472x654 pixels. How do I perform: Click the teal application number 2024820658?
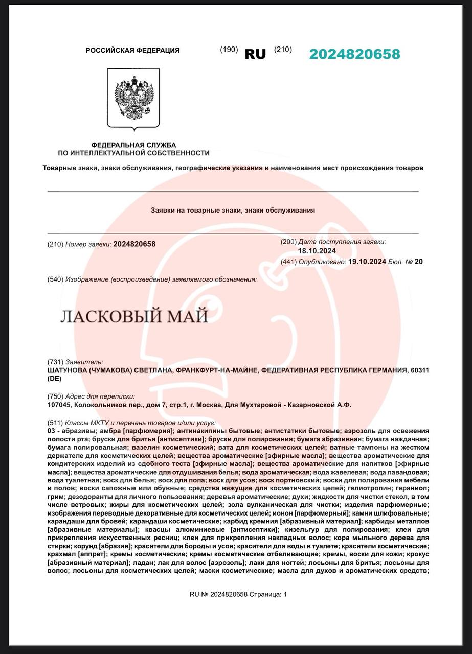coord(354,54)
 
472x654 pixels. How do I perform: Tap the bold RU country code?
coord(255,54)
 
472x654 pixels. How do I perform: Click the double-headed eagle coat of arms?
coord(133,99)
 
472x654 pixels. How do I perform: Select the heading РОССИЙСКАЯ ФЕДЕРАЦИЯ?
coord(132,50)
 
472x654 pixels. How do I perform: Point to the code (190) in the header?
coord(229,50)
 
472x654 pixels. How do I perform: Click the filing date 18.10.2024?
coord(317,251)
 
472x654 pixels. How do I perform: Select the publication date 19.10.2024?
coord(367,262)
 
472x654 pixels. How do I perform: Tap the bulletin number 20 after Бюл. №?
coord(419,262)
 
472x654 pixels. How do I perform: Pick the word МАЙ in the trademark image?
coord(190,317)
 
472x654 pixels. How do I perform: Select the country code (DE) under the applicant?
coord(54,379)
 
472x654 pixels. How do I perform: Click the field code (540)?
coord(55,279)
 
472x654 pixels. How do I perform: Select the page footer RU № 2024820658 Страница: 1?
coord(238,594)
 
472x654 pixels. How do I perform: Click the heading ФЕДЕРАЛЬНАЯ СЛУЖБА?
coord(133,145)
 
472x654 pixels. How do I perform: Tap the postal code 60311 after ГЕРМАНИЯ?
coord(419,370)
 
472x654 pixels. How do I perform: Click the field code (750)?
coord(55,396)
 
